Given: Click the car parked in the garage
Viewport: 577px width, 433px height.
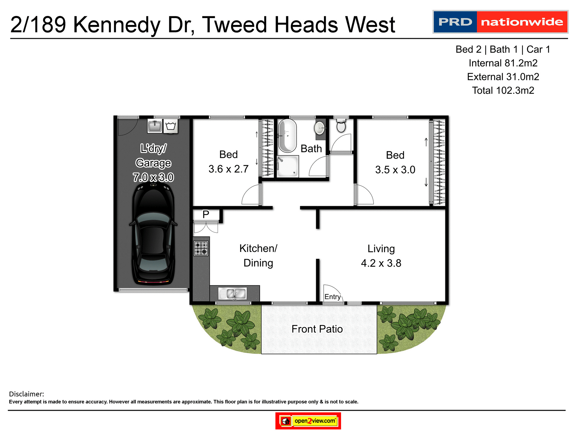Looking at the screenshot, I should pyautogui.click(x=153, y=235).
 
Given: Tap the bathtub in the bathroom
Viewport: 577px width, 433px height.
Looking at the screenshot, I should pyautogui.click(x=287, y=135).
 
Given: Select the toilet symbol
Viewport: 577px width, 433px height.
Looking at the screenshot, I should pyautogui.click(x=341, y=125).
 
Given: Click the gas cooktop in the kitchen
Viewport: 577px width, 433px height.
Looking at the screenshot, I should pyautogui.click(x=201, y=248).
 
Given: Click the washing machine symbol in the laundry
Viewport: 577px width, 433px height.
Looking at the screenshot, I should pyautogui.click(x=171, y=126).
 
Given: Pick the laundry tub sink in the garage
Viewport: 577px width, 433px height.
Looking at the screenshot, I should pyautogui.click(x=155, y=126).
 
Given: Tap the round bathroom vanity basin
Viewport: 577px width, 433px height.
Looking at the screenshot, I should pyautogui.click(x=319, y=128).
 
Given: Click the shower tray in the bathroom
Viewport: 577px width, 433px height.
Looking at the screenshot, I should pyautogui.click(x=288, y=166).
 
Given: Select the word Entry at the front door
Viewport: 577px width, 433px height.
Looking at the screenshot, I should pyautogui.click(x=332, y=297).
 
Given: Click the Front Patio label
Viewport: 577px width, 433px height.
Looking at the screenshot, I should pyautogui.click(x=317, y=329).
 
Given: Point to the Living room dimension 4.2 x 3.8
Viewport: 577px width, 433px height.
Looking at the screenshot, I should pyautogui.click(x=381, y=263).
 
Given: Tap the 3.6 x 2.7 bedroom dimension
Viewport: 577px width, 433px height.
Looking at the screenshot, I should pyautogui.click(x=228, y=169).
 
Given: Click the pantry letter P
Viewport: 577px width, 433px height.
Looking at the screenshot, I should pyautogui.click(x=206, y=214).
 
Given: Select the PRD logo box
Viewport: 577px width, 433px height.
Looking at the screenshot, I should pyautogui.click(x=455, y=22).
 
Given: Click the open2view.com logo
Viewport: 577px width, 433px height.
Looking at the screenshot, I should pyautogui.click(x=308, y=421).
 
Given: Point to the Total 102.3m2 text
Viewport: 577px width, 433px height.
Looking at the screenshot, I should pyautogui.click(x=503, y=91).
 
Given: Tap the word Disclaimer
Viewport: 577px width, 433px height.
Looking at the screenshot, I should pyautogui.click(x=26, y=394).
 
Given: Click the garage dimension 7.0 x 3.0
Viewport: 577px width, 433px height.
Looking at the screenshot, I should pyautogui.click(x=153, y=177).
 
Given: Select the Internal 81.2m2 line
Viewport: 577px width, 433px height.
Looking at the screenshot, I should pyautogui.click(x=503, y=63).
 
